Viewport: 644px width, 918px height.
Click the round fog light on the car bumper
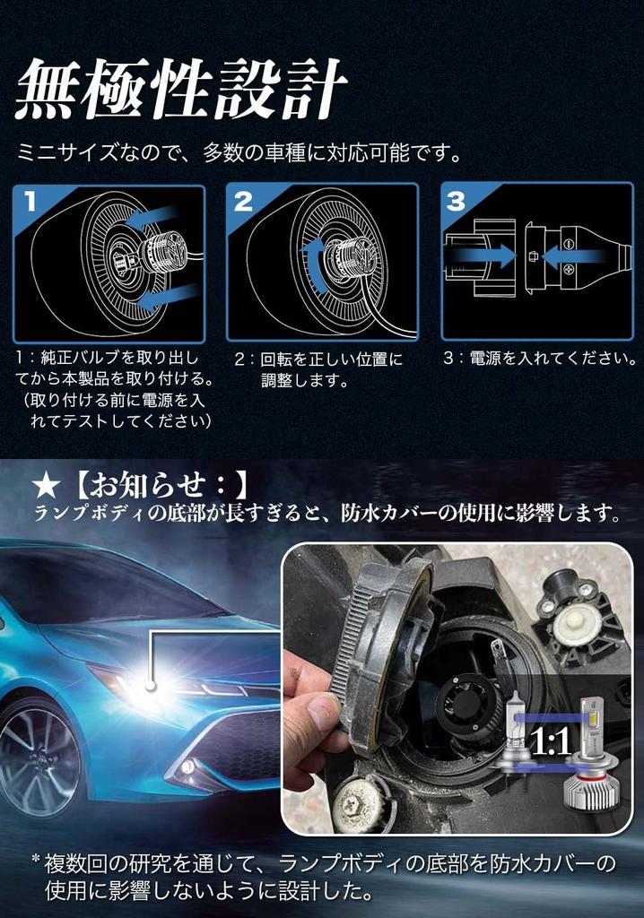187,766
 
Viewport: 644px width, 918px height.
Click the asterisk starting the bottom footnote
36,862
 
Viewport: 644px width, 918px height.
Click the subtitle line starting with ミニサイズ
241,152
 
